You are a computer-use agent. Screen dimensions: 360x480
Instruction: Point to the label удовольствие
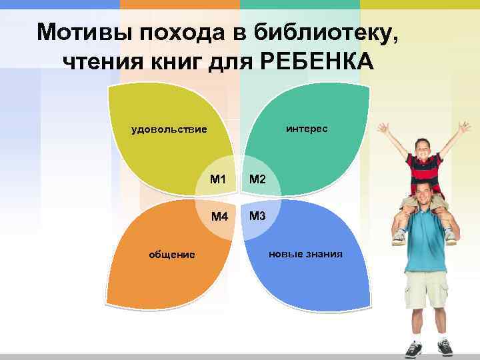click(169, 129)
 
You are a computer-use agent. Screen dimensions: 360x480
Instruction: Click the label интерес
click(307, 128)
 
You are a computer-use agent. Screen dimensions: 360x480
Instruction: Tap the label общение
click(171, 254)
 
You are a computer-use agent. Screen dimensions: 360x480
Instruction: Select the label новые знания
click(305, 253)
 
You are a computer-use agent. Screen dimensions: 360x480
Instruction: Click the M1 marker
click(217, 179)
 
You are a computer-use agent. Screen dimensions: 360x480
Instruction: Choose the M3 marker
click(257, 216)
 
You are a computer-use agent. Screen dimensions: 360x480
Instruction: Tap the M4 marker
click(219, 217)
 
